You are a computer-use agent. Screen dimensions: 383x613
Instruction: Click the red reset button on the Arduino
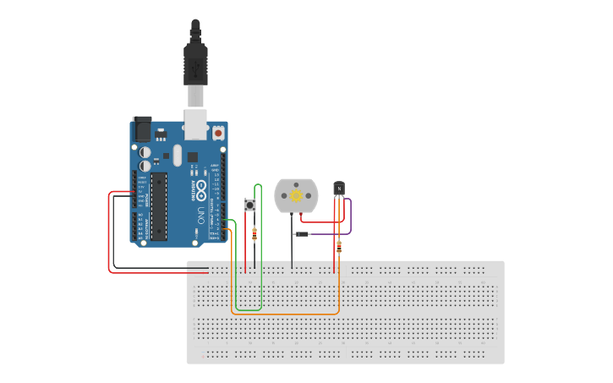[218, 133]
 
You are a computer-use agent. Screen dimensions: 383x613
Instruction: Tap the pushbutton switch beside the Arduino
[250, 205]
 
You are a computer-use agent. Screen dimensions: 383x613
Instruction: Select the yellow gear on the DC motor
[296, 196]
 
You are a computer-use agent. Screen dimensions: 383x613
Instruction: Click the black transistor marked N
[339, 189]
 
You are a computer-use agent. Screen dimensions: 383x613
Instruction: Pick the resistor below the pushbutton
[255, 234]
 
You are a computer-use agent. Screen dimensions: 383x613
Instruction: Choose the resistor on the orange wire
[339, 247]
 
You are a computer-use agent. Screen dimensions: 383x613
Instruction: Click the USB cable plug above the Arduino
[195, 68]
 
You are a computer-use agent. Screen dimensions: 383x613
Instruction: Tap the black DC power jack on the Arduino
[142, 129]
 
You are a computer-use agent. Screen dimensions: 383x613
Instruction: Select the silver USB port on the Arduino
[196, 123]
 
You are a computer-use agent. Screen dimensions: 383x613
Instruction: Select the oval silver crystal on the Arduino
[177, 155]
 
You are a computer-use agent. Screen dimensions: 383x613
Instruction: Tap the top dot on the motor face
[296, 183]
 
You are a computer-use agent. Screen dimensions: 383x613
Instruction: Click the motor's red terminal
[301, 214]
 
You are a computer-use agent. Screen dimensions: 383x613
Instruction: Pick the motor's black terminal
[292, 214]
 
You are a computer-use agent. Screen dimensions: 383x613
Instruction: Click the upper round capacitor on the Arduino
[145, 152]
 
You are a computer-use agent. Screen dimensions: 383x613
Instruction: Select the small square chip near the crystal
[193, 156]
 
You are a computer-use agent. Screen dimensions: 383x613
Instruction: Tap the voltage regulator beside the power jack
[161, 134]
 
